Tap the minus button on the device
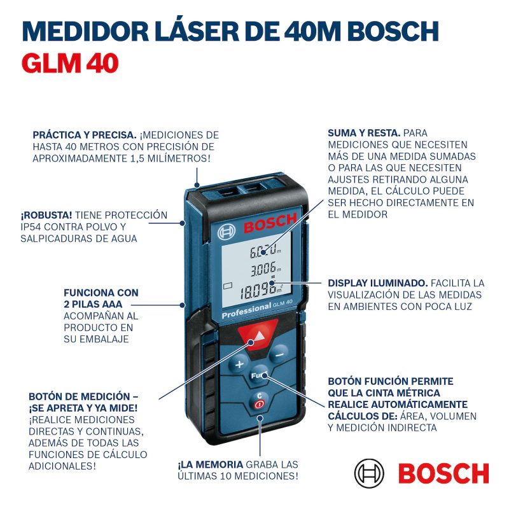(x=279, y=354)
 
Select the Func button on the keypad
(x=258, y=375)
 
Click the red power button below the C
(x=259, y=404)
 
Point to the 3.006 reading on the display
(x=263, y=268)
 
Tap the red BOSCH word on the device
(x=270, y=223)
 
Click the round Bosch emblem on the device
(x=226, y=232)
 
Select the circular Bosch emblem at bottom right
(x=369, y=473)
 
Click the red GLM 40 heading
(x=70, y=63)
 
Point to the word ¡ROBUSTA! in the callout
(x=46, y=215)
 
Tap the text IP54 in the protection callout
(x=31, y=227)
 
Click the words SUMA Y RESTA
(x=364, y=133)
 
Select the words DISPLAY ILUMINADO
(x=377, y=283)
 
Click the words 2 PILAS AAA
(x=93, y=304)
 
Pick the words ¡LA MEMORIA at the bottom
(x=211, y=464)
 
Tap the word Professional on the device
(x=246, y=310)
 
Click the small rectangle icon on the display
(x=228, y=286)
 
